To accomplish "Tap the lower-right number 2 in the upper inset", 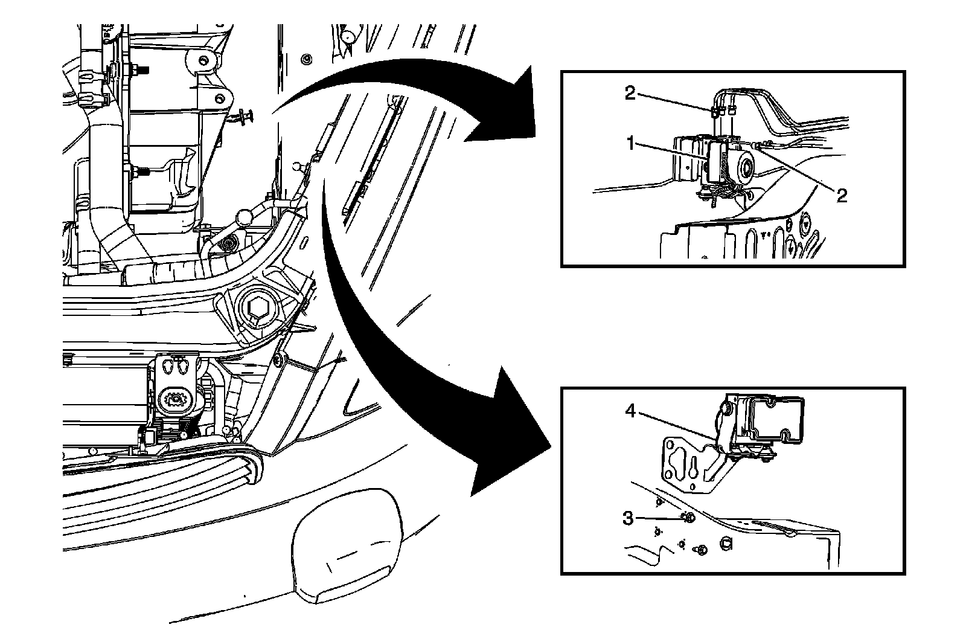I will (x=842, y=194).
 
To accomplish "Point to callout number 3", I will (x=629, y=518).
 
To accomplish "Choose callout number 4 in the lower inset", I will (x=630, y=411).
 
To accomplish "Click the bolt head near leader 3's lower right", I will (x=702, y=550).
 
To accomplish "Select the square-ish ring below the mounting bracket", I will (x=726, y=543).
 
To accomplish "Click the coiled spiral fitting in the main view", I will (x=229, y=243).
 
